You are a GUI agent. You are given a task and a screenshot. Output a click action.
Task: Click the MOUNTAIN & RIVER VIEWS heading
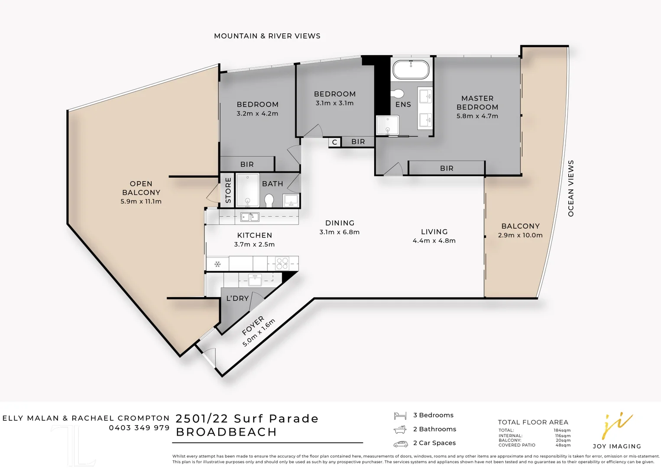pyautogui.click(x=267, y=36)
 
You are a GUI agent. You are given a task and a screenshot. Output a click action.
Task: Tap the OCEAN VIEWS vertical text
pyautogui.click(x=570, y=188)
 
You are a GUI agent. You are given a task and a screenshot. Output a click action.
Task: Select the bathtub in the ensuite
pyautogui.click(x=411, y=70)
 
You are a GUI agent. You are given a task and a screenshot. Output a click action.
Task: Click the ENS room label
pyautogui.click(x=403, y=104)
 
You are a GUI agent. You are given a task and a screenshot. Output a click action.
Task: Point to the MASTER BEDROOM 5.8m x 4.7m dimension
pyautogui.click(x=477, y=116)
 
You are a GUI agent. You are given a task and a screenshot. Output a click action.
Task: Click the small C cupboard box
pyautogui.click(x=334, y=142)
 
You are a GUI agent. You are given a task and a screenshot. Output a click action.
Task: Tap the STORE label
pyautogui.click(x=228, y=190)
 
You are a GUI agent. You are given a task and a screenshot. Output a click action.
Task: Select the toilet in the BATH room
pyautogui.click(x=269, y=200)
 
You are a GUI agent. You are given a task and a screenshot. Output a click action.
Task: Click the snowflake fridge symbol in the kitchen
pyautogui.click(x=217, y=264)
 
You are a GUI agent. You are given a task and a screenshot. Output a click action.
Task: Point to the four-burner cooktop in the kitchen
pyautogui.click(x=282, y=263)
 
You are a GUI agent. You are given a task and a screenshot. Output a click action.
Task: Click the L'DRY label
pyautogui.click(x=237, y=299)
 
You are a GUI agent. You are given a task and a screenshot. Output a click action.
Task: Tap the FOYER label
pyautogui.click(x=253, y=326)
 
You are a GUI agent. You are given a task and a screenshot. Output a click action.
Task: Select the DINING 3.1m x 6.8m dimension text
pyautogui.click(x=339, y=232)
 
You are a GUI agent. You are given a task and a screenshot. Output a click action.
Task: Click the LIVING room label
pyautogui.click(x=434, y=232)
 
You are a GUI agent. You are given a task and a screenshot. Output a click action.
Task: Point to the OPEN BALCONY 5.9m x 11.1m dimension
pyautogui.click(x=141, y=201)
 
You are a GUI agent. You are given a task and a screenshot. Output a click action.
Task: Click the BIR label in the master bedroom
pyautogui.click(x=447, y=168)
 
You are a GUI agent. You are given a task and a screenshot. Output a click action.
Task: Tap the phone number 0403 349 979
pyautogui.click(x=139, y=428)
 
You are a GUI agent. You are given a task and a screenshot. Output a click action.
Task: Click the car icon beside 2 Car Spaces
pyautogui.click(x=400, y=444)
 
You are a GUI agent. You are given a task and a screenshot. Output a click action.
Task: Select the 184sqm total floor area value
pyautogui.click(x=562, y=430)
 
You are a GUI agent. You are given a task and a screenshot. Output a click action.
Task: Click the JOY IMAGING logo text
pyautogui.click(x=616, y=446)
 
